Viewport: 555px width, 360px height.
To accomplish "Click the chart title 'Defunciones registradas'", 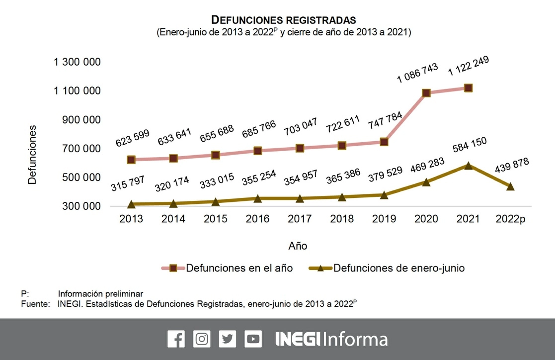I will pos(284,20).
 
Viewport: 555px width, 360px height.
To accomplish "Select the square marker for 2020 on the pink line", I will pos(426,93).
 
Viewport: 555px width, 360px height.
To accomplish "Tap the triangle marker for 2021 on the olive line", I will pos(468,165).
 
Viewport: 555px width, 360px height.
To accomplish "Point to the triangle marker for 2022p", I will pos(510,186).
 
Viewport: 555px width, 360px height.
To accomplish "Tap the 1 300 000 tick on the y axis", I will pos(78,62).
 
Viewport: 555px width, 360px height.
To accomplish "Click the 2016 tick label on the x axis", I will pos(257,219).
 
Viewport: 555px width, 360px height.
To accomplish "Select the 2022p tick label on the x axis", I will pos(510,219).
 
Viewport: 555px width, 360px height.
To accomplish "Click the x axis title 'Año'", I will pos(298,246).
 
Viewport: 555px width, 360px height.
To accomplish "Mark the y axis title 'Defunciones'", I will pos(32,155).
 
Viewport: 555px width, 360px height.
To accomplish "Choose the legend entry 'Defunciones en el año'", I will pos(239,269).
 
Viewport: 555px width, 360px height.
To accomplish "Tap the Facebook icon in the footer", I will pos(176,339).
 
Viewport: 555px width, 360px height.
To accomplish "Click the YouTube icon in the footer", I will pos(253,339).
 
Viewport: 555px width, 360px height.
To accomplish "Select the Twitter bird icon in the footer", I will pos(227,339).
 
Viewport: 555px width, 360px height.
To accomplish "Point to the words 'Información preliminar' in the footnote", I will pos(100,293).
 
